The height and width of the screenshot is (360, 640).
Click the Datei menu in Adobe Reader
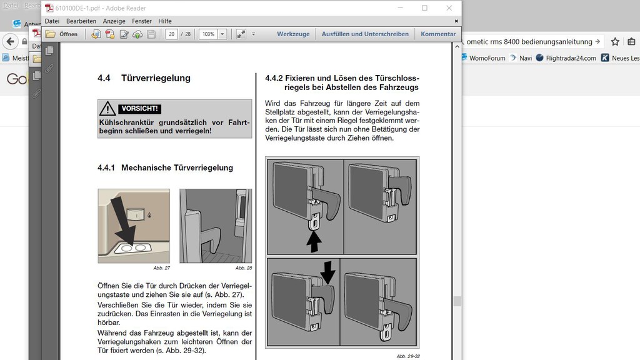tap(52, 21)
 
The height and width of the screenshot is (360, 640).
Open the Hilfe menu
tap(165, 21)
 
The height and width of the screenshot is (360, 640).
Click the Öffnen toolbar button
tap(62, 34)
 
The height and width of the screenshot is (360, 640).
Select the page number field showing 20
tap(171, 34)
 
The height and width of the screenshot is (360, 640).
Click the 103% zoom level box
tap(208, 34)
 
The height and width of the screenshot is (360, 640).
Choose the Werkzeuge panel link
tap(293, 34)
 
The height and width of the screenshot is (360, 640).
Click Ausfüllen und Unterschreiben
tap(365, 34)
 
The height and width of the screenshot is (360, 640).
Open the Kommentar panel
tap(438, 34)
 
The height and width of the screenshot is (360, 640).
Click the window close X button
tap(449, 8)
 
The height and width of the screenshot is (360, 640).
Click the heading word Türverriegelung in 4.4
tap(156, 78)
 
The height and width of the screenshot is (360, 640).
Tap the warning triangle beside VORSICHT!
tap(108, 108)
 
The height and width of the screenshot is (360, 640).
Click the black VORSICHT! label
tap(139, 108)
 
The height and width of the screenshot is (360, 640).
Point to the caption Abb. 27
tap(161, 267)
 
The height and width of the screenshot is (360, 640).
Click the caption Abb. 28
tap(243, 267)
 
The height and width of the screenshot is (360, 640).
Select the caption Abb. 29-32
tap(407, 356)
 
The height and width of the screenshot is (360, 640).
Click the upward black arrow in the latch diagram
tap(314, 241)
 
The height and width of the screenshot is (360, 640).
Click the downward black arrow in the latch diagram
tap(327, 272)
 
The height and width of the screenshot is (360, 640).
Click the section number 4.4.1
tap(107, 167)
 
